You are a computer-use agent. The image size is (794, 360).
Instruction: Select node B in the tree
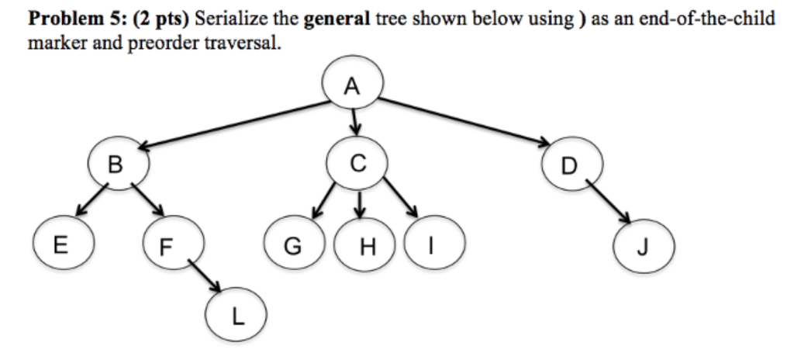pyautogui.click(x=116, y=164)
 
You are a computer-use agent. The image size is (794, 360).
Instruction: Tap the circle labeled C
pyautogui.click(x=356, y=164)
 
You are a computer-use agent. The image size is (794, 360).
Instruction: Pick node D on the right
pyautogui.click(x=570, y=165)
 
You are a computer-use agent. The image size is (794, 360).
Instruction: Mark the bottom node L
pyautogui.click(x=237, y=316)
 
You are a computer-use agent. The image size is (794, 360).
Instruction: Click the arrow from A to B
pyautogui.click(x=233, y=124)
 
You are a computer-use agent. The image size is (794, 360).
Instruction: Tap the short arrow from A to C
pyautogui.click(x=355, y=121)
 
